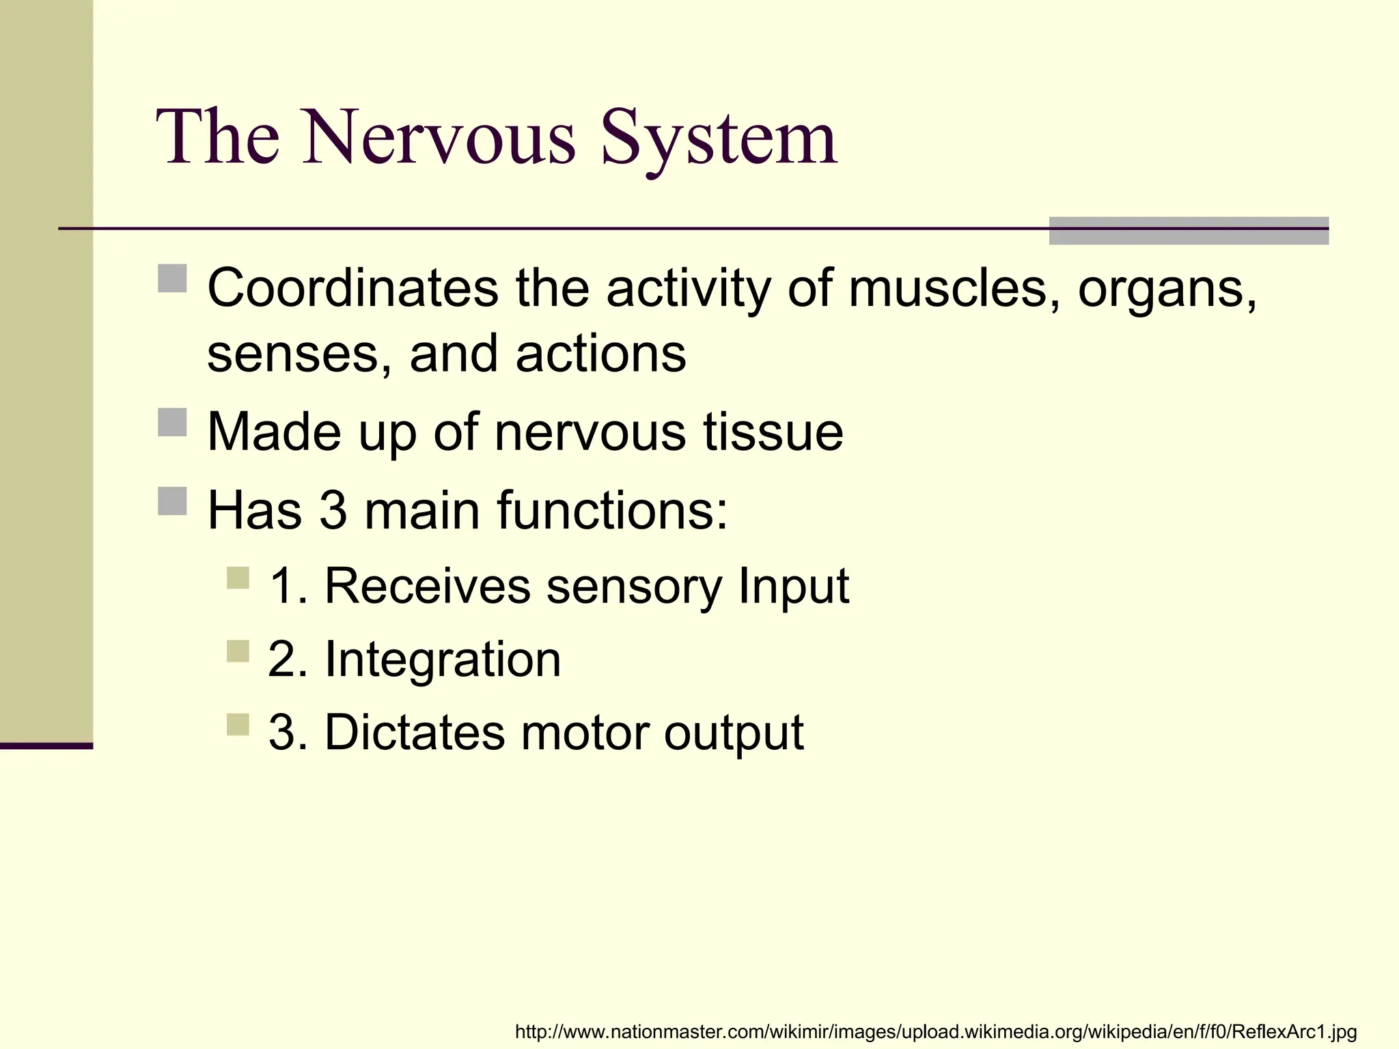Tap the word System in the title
719,140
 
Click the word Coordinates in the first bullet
352,288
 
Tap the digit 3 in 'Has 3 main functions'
333,510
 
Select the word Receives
427,586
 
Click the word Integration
443,660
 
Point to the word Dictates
414,733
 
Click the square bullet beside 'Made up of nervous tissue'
172,422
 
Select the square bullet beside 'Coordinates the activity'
172,278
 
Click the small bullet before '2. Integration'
238,651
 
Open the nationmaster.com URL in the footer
935,1031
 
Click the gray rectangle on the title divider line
1188,231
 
